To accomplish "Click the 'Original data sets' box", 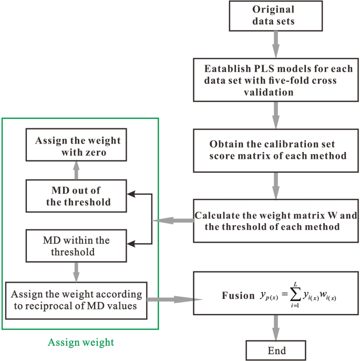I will pyautogui.click(x=273, y=16).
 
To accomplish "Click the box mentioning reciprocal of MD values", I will pyautogui.click(x=76, y=299).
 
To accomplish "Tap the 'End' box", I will pyautogui.click(x=273, y=349).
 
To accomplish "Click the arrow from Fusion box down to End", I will pyautogui.click(x=273, y=328).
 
